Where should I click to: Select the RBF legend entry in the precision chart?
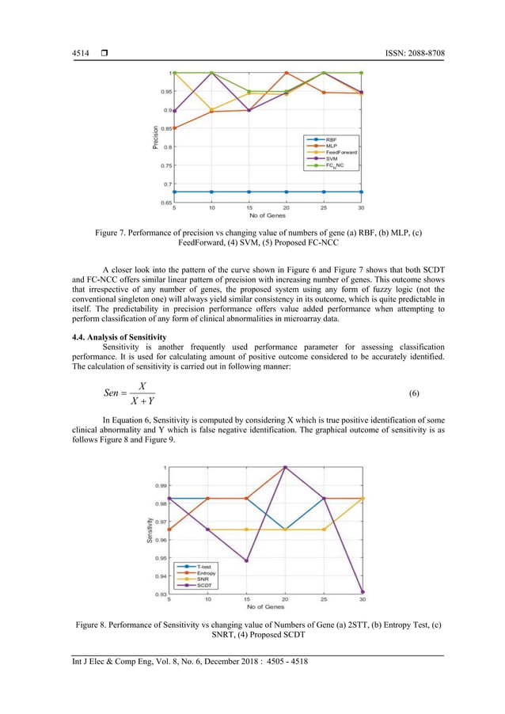pos(331,139)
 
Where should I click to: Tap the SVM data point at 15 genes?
pos(249,110)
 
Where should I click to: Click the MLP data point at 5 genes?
pos(174,128)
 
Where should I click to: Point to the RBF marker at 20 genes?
pos(287,192)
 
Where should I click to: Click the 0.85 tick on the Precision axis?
pos(161,128)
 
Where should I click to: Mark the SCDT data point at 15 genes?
pos(246,561)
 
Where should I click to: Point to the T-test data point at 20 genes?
pos(285,530)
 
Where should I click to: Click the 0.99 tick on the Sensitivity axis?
pos(160,485)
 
